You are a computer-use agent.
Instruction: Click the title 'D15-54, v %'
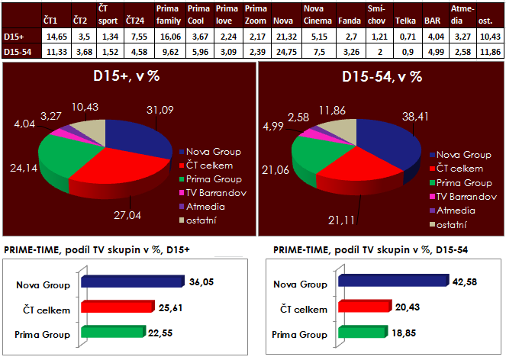380,79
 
